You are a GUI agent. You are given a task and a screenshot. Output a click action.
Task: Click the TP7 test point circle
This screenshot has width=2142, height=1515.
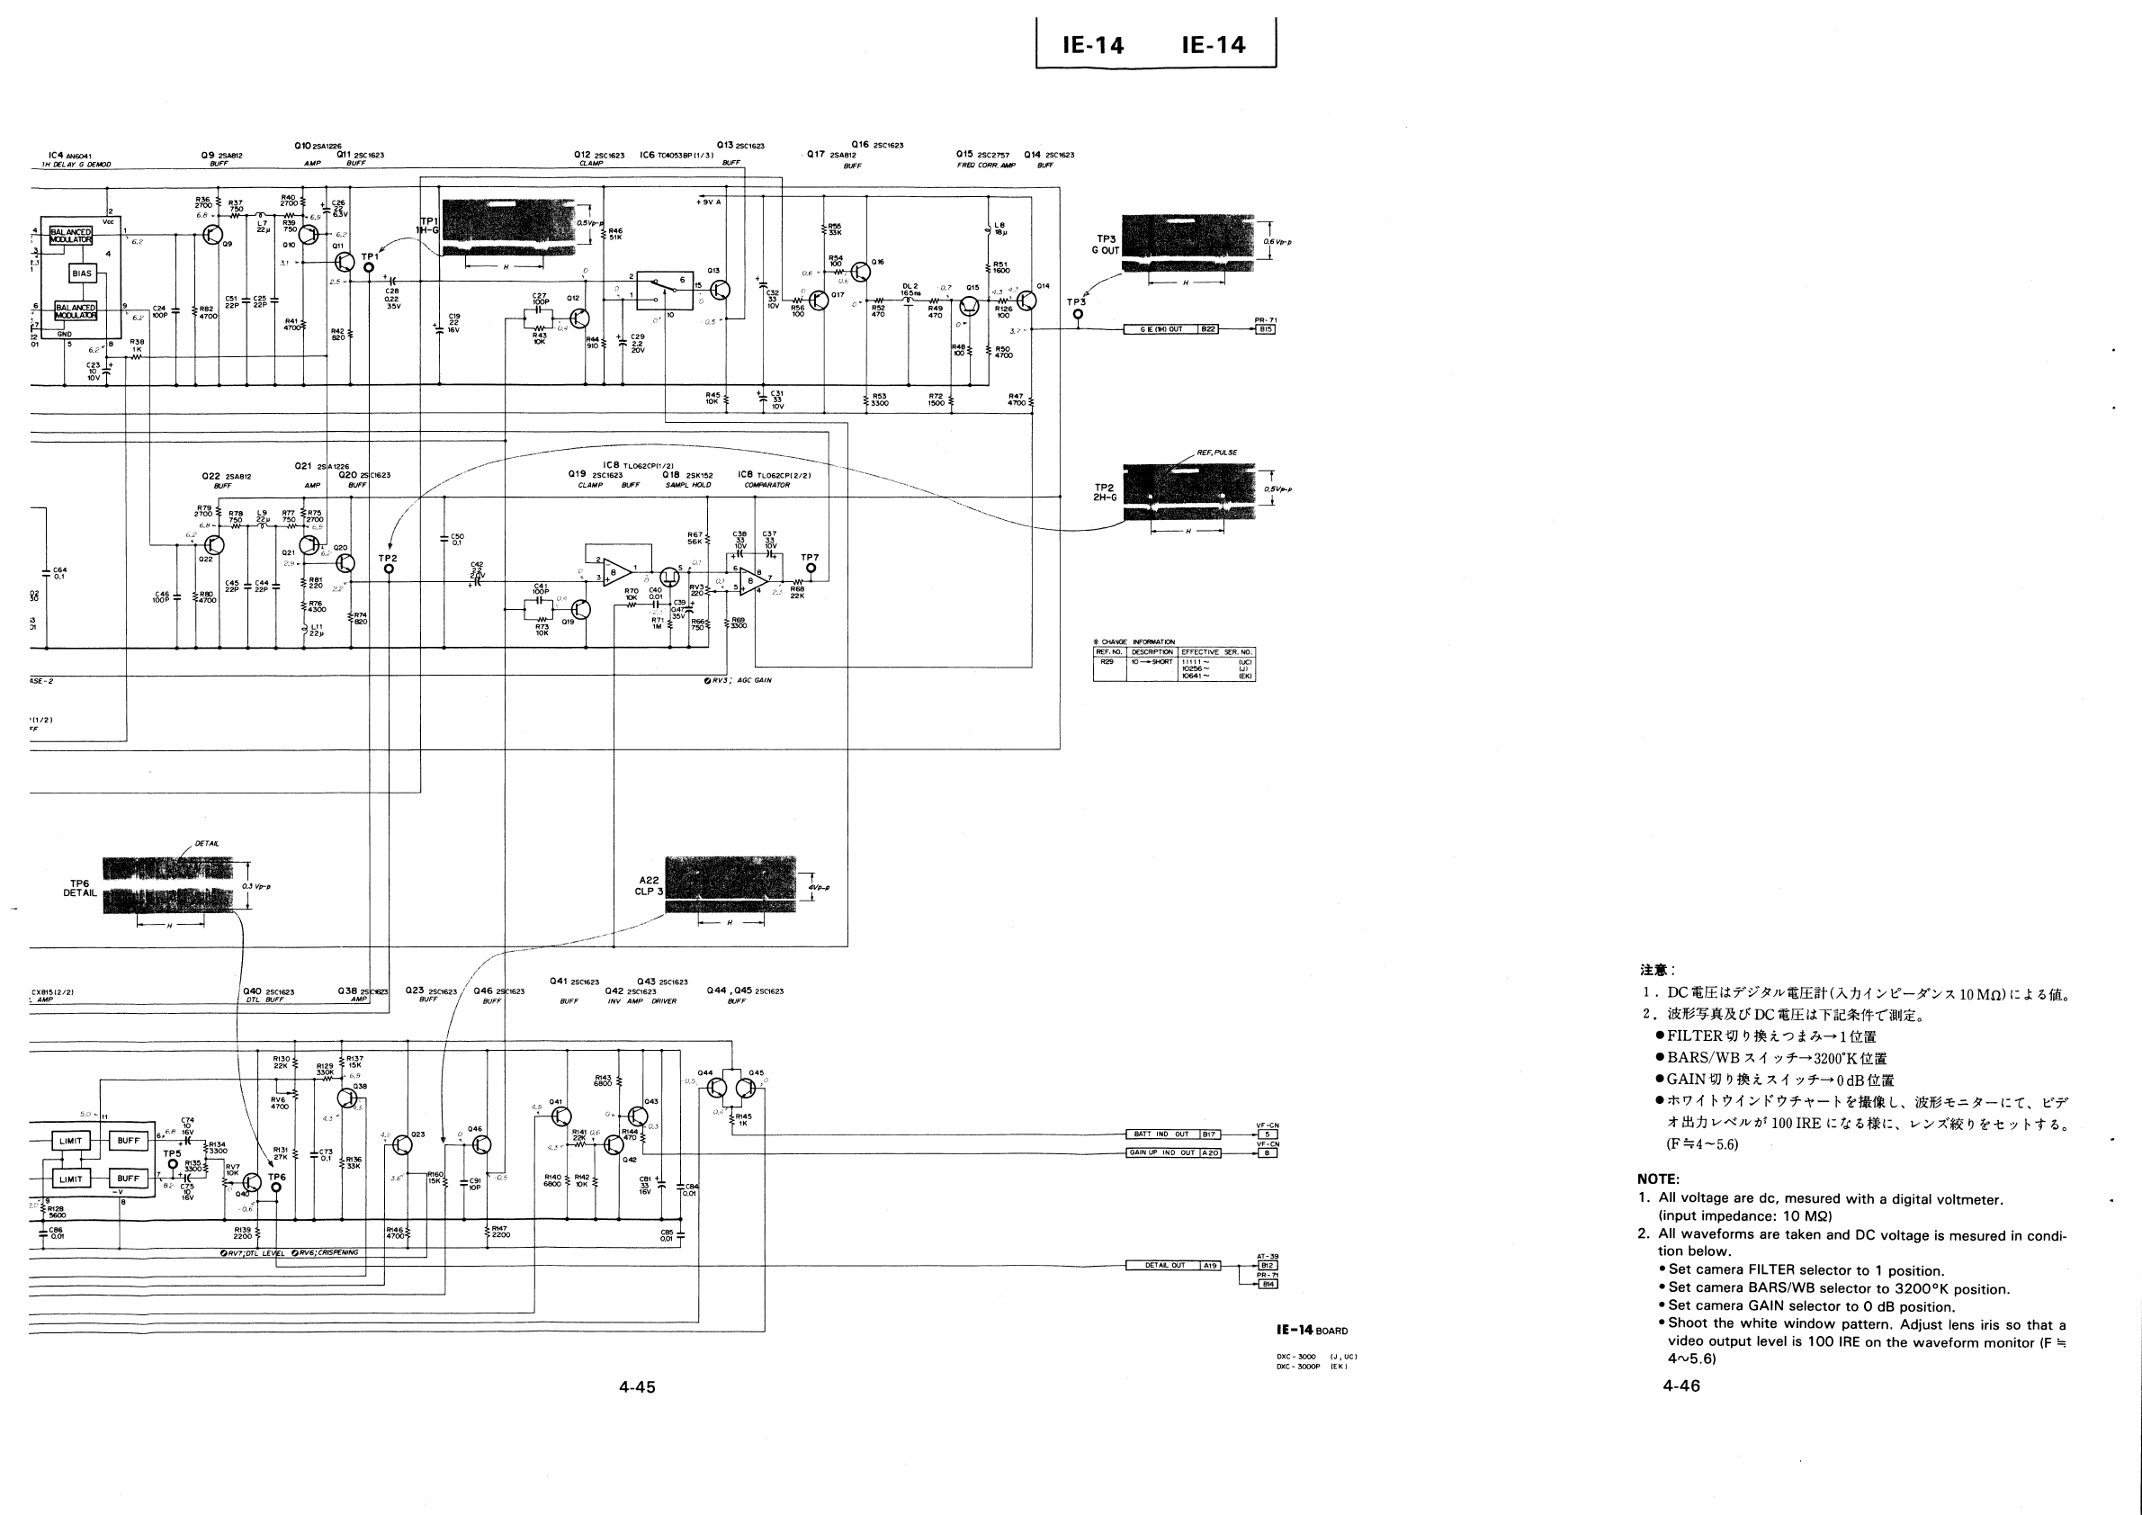(811, 569)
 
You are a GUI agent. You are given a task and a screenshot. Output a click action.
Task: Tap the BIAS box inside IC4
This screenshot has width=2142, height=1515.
(82, 273)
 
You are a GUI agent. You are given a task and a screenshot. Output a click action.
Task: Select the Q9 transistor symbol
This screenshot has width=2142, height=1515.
(213, 235)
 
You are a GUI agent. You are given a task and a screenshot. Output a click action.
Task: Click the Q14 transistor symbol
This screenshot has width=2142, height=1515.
(1027, 300)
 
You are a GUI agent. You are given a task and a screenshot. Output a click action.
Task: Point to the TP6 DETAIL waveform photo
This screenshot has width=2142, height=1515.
(167, 885)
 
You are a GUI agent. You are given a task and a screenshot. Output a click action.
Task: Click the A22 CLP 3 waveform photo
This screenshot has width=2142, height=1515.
(730, 883)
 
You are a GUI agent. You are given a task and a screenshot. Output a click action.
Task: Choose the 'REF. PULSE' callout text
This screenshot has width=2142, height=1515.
(1216, 453)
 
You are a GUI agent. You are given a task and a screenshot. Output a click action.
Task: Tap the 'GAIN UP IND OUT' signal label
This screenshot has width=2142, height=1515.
(1161, 1153)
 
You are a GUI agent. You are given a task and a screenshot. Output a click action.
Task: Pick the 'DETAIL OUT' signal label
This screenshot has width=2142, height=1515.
(1164, 1266)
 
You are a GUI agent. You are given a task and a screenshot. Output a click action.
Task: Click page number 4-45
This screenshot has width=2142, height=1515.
(637, 1387)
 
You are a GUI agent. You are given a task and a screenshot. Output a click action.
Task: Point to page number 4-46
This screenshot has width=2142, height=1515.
(1681, 1386)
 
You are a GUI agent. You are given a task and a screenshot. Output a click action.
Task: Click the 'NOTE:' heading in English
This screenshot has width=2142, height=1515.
(1658, 1179)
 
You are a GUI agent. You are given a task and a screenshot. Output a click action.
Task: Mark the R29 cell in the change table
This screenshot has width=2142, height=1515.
(1107, 661)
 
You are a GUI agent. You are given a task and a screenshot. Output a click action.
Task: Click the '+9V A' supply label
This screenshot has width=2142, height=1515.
(708, 202)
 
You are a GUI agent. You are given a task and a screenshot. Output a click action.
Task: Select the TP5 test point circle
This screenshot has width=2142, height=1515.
(173, 1164)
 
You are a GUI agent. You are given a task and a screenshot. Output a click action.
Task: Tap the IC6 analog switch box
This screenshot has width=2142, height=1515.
(665, 290)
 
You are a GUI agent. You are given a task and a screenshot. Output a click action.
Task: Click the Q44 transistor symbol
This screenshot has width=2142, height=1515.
(716, 1088)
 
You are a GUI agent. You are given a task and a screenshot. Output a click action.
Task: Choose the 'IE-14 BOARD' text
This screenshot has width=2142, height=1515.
(1312, 1331)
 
